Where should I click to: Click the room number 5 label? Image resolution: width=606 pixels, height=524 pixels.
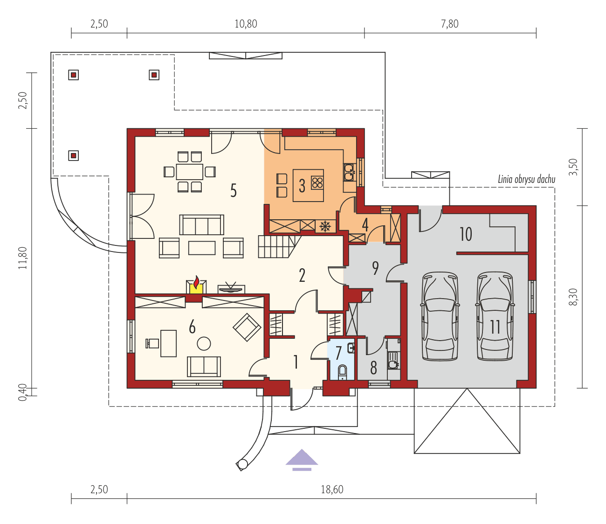(234, 190)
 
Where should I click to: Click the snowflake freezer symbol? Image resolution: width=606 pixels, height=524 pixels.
(325, 227)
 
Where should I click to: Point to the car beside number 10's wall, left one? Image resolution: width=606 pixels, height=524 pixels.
(440, 316)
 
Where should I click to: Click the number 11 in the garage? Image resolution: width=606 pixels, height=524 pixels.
(495, 327)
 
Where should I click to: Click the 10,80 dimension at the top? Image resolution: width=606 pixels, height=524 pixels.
(246, 24)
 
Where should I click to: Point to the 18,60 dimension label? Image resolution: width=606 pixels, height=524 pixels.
(332, 489)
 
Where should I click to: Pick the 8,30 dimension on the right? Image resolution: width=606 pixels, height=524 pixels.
(573, 297)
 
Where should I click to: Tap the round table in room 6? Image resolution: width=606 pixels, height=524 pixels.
(204, 344)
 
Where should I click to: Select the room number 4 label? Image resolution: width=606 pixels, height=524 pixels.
(365, 224)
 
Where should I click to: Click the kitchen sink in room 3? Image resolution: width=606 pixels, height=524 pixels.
(349, 172)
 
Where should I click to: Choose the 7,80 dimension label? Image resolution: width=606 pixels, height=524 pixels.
(450, 24)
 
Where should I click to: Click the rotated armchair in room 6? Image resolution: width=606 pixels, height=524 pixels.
(247, 327)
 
